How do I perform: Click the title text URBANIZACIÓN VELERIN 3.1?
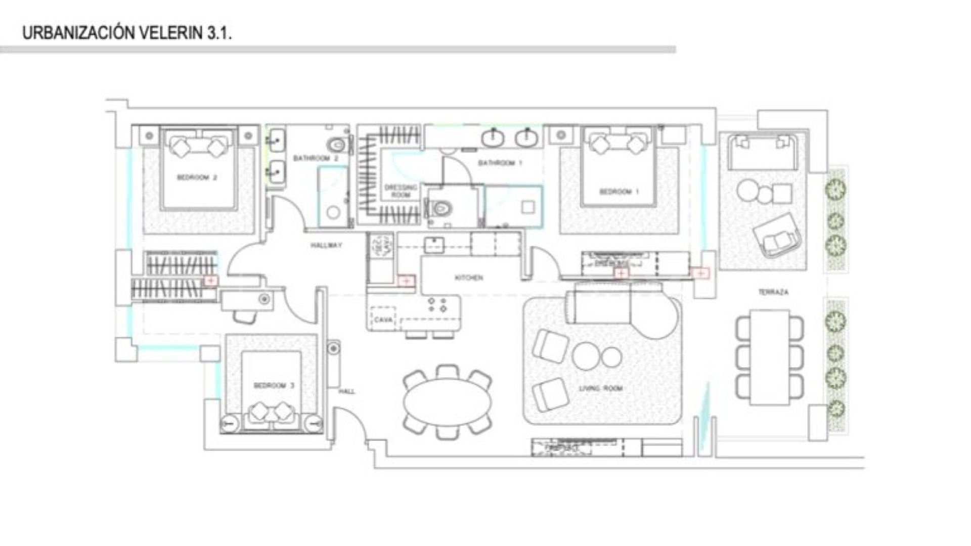point(127,33)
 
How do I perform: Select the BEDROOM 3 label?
point(274,386)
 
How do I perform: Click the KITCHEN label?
point(469,278)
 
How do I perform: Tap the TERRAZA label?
point(773,292)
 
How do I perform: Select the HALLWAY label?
point(326,246)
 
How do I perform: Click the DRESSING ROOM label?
point(401,191)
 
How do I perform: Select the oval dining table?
point(448,402)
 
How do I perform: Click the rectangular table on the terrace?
point(769,357)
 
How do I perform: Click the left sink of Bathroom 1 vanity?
point(492,138)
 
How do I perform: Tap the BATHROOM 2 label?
point(316,158)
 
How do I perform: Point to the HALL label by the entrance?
point(347,391)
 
